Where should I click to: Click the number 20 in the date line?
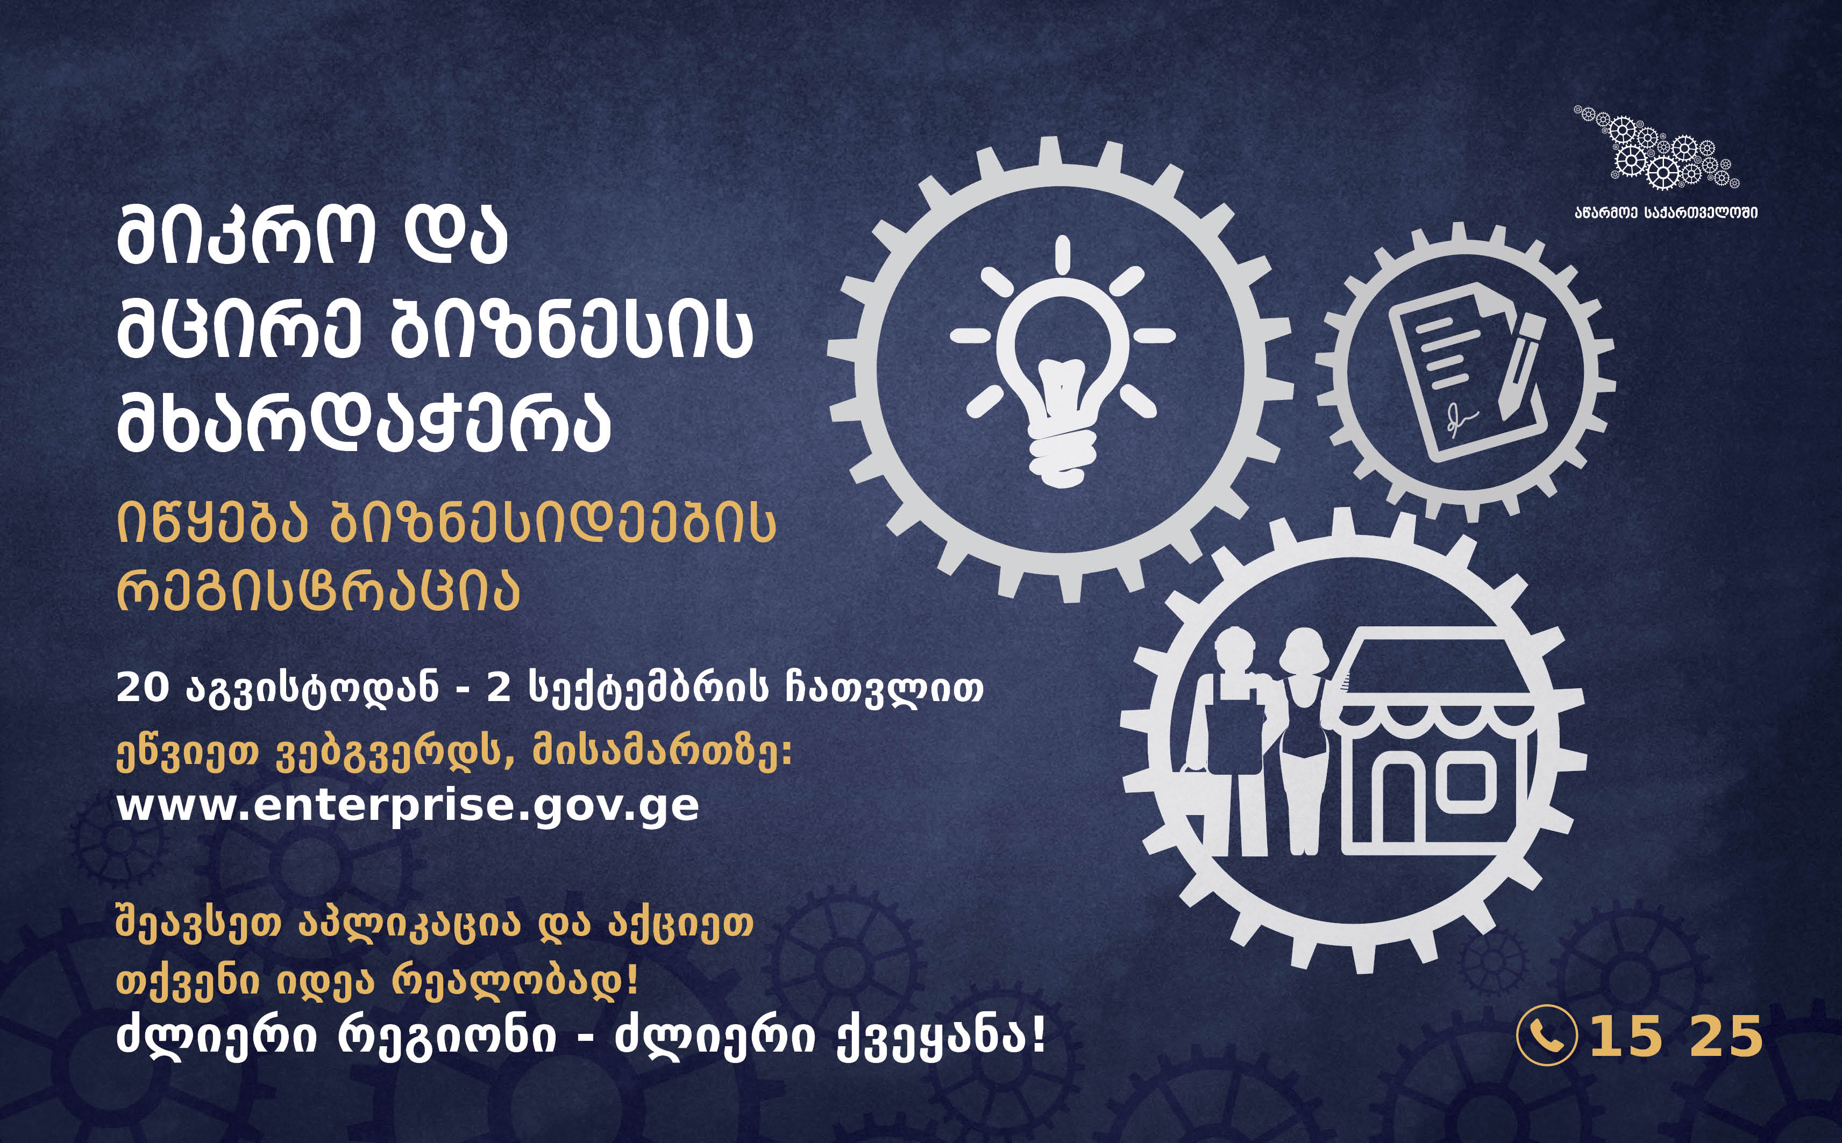click(141, 689)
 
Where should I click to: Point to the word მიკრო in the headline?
click(246, 236)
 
